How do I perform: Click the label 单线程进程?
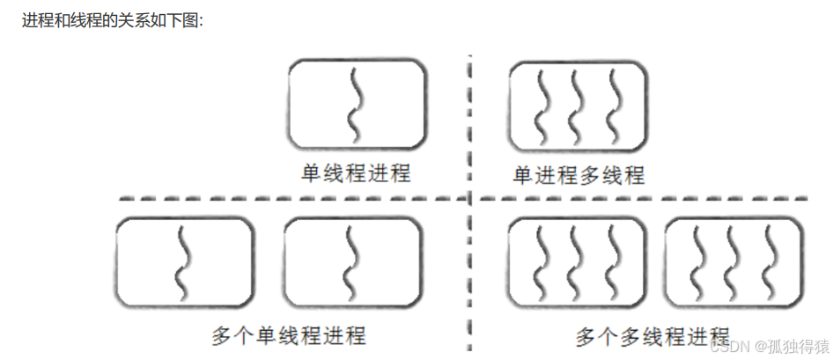click(x=357, y=173)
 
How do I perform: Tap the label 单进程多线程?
click(x=579, y=175)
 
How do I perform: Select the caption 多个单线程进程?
click(x=289, y=335)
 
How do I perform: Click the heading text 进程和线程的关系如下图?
click(x=112, y=19)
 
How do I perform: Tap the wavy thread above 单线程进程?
click(x=356, y=104)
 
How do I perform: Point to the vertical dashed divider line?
click(x=471, y=264)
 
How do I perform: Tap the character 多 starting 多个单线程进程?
click(x=221, y=335)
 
